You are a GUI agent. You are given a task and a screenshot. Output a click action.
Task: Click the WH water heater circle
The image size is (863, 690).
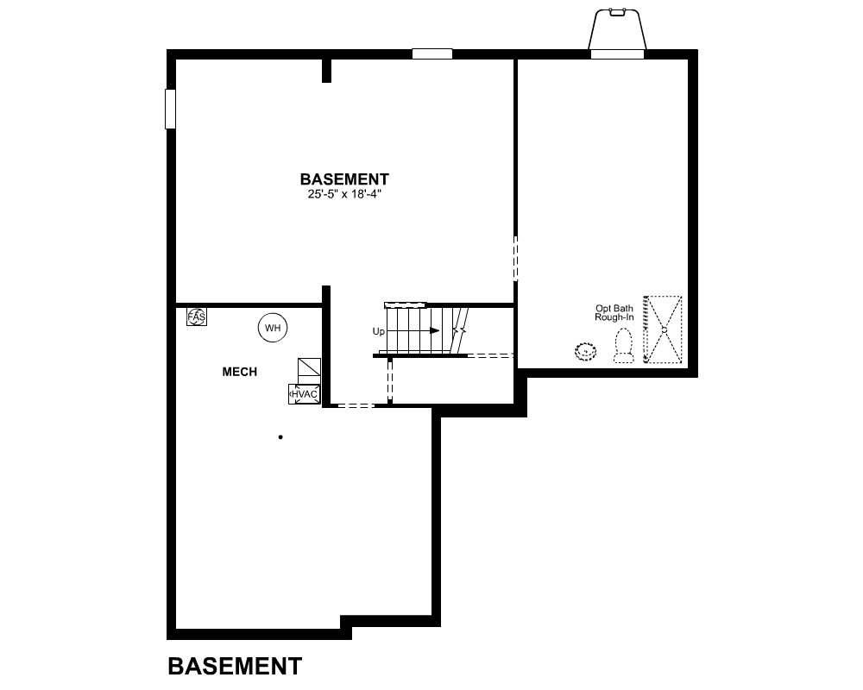pos(273,328)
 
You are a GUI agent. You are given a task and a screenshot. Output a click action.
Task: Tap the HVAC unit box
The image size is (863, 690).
pos(305,394)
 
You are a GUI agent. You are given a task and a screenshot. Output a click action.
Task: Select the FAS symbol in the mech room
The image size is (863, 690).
pos(197,317)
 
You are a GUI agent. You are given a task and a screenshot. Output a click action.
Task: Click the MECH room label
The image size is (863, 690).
pos(239,372)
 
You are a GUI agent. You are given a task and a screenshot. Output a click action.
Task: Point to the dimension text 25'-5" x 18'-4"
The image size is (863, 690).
pos(344,194)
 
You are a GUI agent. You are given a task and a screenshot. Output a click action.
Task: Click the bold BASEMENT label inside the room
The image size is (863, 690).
pos(344,179)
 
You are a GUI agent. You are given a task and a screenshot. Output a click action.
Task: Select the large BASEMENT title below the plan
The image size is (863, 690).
pos(235,666)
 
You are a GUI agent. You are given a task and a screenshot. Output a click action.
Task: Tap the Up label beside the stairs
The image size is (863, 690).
pos(379,332)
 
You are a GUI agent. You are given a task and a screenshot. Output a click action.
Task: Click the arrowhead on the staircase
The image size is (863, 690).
pos(435,330)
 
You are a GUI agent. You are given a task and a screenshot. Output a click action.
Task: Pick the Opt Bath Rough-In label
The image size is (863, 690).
pos(614,313)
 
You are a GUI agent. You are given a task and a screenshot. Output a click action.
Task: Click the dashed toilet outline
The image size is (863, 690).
pos(624,346)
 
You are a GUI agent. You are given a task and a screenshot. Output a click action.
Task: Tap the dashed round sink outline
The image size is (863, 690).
pos(586,351)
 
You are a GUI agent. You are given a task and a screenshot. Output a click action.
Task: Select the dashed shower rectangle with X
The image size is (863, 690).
pos(663,329)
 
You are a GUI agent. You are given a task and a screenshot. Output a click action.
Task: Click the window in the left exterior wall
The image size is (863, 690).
pos(171,109)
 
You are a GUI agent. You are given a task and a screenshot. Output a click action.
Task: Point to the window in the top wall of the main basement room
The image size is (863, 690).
pos(432,54)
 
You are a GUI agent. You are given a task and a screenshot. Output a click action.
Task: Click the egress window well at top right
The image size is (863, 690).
pos(617,31)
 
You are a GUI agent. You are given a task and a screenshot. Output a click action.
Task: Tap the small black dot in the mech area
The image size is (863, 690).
pos(280,437)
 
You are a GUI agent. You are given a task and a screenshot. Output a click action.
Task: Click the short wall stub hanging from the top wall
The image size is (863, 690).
pos(326,71)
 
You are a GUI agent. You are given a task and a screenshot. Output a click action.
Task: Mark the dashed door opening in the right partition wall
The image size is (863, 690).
pos(516,259)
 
